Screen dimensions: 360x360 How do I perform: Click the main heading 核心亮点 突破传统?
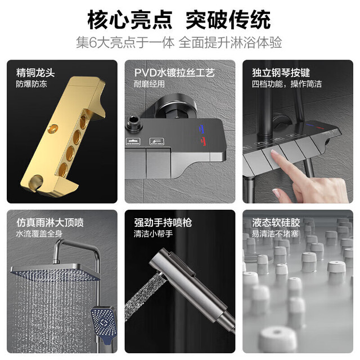coord(179,20)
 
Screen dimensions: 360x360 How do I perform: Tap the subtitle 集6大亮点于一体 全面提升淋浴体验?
coord(179,43)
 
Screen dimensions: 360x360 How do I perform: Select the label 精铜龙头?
coord(35,73)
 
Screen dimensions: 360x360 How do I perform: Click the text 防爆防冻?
coord(31,84)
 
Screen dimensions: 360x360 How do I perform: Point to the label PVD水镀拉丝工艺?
coord(174,73)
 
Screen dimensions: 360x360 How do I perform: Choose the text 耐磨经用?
coord(149,84)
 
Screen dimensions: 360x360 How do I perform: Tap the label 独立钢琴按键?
coord(281,73)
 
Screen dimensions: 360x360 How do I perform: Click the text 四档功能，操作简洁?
coord(287,84)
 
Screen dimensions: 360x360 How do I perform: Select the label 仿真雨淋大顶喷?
coord(50,223)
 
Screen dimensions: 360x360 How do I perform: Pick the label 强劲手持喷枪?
coord(163,223)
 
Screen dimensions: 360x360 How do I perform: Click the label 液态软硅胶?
coord(276,223)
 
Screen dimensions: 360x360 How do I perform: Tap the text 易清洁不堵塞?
coord(275,234)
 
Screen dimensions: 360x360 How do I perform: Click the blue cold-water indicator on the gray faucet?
coord(201,129)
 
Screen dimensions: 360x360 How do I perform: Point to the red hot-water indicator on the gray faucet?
coord(202,141)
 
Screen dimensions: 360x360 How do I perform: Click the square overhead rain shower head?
coord(55,273)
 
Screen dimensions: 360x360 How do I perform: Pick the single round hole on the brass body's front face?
coord(53,128)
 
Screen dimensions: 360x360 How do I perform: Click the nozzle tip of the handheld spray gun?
coord(159,274)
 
